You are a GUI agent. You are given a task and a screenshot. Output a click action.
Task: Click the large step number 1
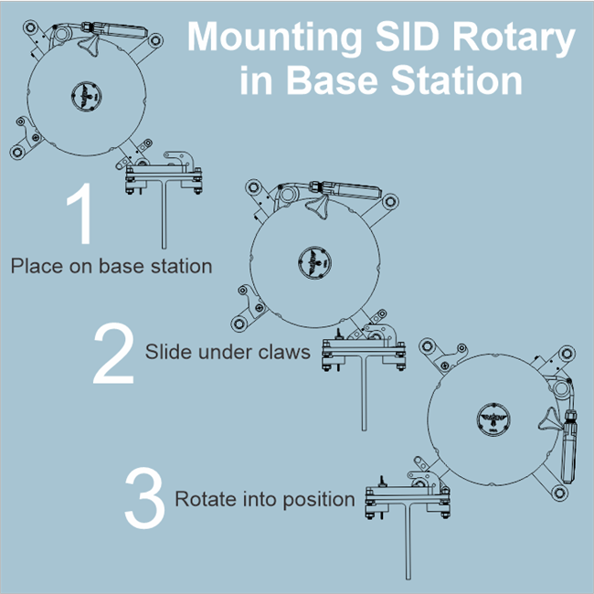click(x=80, y=216)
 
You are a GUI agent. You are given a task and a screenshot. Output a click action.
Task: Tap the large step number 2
click(x=114, y=355)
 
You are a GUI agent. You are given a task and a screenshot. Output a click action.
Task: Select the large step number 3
click(x=144, y=498)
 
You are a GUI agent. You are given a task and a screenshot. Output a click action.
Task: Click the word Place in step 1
click(x=34, y=267)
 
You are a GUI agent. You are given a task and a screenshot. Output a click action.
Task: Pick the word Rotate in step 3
click(x=203, y=499)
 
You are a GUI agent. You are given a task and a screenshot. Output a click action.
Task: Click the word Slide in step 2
click(x=165, y=351)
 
